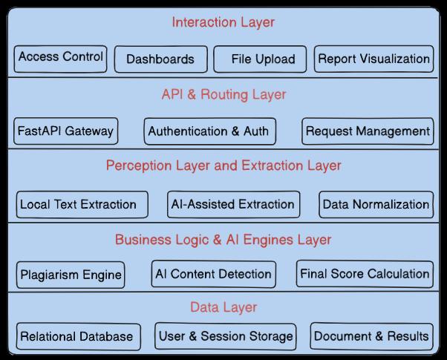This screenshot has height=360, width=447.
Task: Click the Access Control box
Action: click(x=60, y=59)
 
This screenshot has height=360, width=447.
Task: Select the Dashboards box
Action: click(x=161, y=59)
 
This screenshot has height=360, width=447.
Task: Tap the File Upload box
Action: click(x=260, y=59)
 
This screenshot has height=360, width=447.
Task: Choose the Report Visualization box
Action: click(x=373, y=59)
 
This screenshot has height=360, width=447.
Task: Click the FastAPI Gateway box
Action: click(x=66, y=131)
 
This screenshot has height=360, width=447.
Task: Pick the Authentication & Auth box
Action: click(x=210, y=131)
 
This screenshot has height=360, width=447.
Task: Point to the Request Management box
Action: click(x=368, y=131)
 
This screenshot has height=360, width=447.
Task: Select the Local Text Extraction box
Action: click(x=82, y=204)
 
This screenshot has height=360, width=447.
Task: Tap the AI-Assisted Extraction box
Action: click(x=233, y=204)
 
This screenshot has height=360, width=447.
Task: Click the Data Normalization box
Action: click(x=376, y=204)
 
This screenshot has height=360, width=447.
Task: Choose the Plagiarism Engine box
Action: click(x=71, y=275)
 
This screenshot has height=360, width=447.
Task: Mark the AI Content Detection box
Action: click(x=214, y=274)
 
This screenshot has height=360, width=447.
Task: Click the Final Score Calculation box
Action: click(x=365, y=274)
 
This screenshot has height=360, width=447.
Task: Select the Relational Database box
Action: click(x=79, y=336)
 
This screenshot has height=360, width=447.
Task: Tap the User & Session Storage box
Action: click(x=226, y=336)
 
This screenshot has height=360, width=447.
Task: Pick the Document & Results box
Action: click(x=372, y=336)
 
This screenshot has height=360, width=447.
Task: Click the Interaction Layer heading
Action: click(x=223, y=22)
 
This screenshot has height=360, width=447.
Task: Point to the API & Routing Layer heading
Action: click(x=223, y=94)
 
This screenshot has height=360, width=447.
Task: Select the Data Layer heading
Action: click(x=223, y=307)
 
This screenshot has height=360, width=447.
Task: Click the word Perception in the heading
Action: click(x=139, y=166)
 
